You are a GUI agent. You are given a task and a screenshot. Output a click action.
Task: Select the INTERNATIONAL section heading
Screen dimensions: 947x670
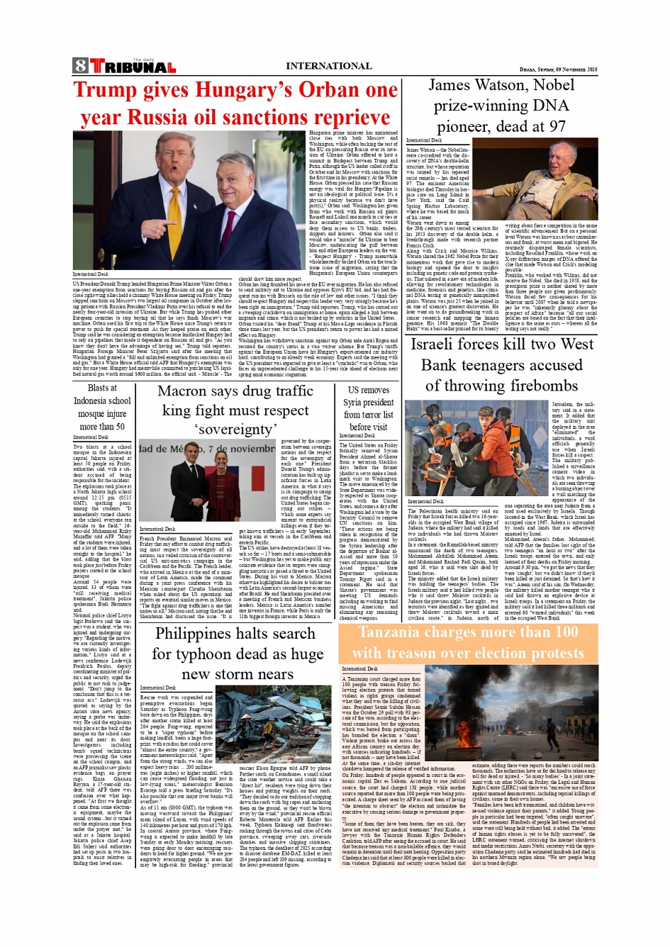[x=328, y=66]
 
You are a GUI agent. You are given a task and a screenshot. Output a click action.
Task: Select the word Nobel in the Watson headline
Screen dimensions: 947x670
[x=554, y=85]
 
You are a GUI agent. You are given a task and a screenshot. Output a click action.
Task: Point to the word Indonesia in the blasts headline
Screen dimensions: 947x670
[x=102, y=400]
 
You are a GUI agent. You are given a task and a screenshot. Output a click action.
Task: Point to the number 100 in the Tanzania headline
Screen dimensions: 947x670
[x=566, y=632]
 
